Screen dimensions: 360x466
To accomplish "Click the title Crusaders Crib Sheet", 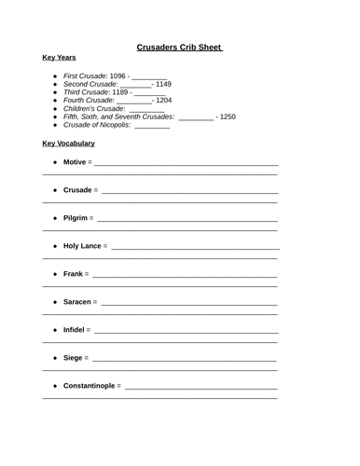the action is pos(179,45).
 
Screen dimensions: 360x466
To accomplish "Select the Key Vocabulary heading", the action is pos(69,144).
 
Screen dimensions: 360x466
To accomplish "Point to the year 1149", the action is pos(163,84).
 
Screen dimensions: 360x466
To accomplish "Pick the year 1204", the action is pos(163,101).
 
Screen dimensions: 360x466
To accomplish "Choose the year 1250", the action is pos(226,117).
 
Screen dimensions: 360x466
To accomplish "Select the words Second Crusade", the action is pos(90,84).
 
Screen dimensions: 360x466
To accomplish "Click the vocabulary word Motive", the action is pos(75,163).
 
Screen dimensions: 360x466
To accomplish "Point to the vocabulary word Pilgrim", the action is pos(76,219).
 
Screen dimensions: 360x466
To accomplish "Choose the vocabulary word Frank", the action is pos(73,275).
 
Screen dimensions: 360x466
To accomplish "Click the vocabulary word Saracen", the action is pos(78,303).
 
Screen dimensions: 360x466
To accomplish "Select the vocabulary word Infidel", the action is pos(76,331).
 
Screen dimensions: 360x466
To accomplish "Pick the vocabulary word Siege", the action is pos(73,358).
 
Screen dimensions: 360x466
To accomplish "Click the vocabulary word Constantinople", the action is pos(90,386).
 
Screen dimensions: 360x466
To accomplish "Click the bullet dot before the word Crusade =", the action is pos(55,191).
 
